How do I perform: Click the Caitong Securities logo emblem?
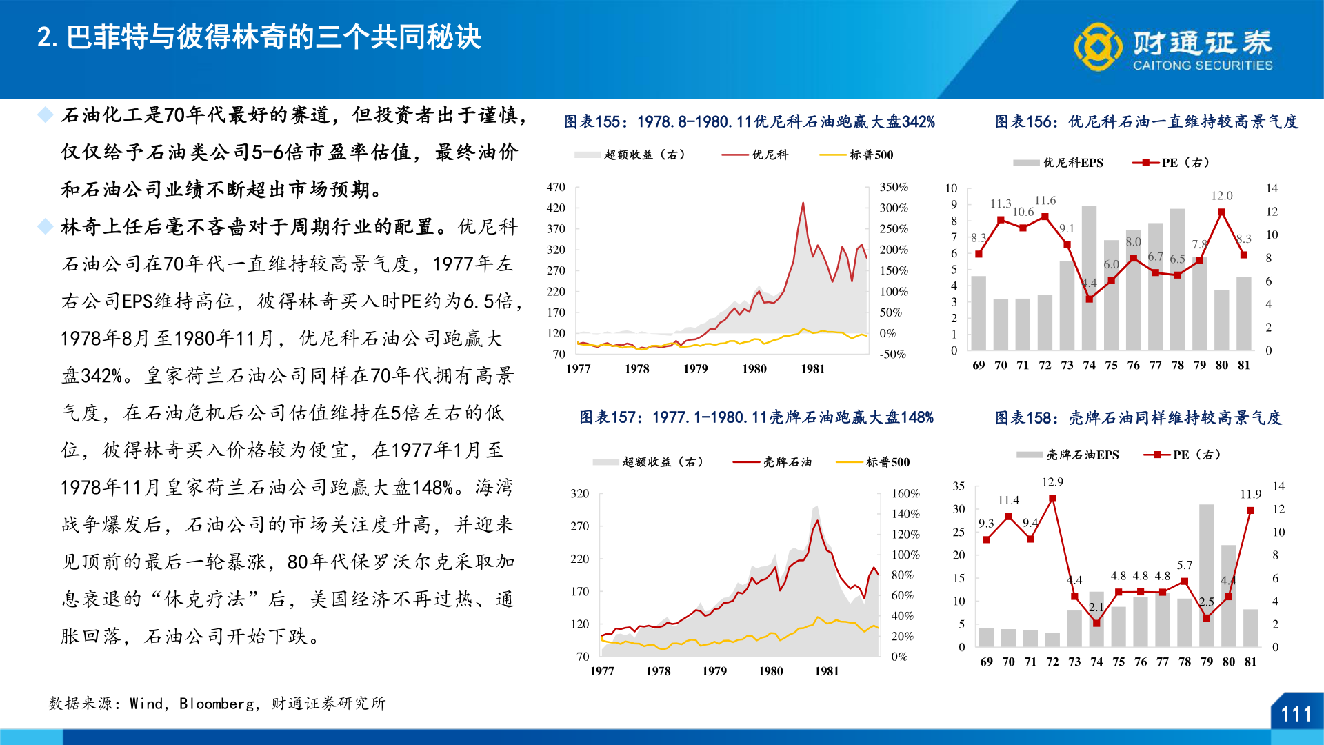click(1098, 47)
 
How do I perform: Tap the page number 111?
click(1296, 714)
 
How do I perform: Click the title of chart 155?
click(750, 122)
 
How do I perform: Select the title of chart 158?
click(1138, 418)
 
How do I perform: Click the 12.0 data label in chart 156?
click(1221, 196)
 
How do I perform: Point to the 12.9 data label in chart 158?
click(1052, 482)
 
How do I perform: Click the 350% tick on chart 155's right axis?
click(894, 188)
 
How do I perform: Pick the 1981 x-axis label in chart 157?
click(826, 671)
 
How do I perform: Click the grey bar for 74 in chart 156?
click(1089, 276)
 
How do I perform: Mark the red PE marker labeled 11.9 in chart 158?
click(1250, 510)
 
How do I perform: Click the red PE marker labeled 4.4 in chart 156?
click(1089, 299)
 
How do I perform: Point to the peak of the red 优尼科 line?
click(803, 203)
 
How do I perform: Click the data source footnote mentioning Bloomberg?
click(217, 704)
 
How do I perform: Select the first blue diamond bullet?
click(45, 115)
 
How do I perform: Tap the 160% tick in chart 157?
click(905, 494)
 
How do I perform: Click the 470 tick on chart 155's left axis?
click(556, 188)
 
